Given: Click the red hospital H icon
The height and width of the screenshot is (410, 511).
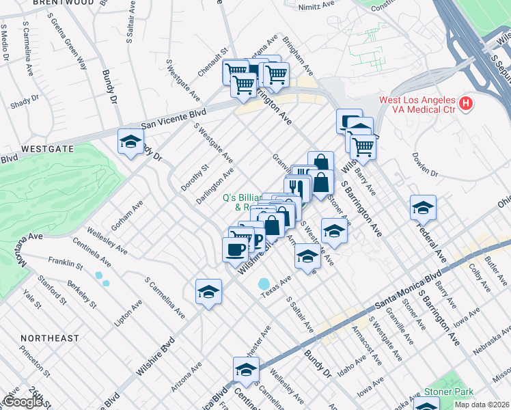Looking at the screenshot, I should point(465,105).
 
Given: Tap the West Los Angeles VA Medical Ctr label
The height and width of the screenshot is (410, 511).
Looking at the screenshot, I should point(417,105).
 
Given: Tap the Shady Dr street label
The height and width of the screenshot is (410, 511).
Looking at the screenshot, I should point(25,102).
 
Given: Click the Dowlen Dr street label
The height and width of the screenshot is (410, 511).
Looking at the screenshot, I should point(424,163).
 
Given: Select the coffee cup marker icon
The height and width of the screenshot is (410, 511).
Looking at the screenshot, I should point(236,249).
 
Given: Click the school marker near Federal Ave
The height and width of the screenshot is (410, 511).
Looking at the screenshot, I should point(423,208).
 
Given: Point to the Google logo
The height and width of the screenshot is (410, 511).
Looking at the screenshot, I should point(22,402).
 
